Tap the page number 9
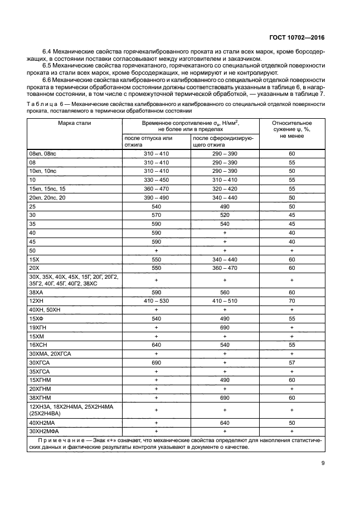[323, 462]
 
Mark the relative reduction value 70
[291, 300]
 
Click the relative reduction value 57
[291, 363]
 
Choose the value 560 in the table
[225, 292]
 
